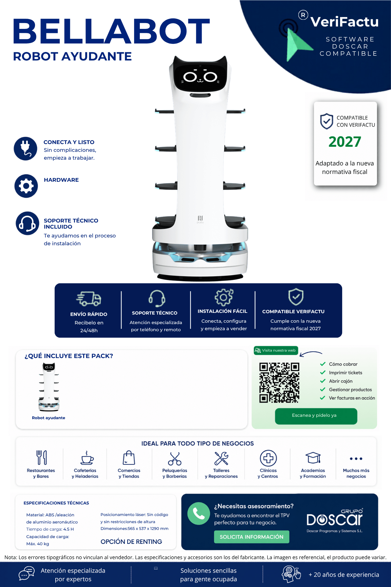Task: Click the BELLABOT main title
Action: point(111,31)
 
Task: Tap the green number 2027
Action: point(345,142)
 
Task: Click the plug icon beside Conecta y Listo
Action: point(25,148)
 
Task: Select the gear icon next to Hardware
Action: point(26,186)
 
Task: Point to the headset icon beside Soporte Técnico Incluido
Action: point(27,223)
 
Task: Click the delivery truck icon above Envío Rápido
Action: point(89,299)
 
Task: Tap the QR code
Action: point(279,383)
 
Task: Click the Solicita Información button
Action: point(252,537)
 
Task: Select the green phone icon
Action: point(199,514)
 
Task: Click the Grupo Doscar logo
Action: point(335,520)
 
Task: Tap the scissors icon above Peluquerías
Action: point(175,458)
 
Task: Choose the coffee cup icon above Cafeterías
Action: point(87,458)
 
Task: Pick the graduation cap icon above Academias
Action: point(313,458)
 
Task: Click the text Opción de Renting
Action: point(131,541)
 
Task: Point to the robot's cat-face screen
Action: point(200,77)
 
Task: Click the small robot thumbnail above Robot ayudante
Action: point(49,387)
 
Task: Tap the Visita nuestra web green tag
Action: point(276,351)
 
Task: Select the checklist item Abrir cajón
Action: point(340,381)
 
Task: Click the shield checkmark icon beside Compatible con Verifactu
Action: point(327,121)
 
